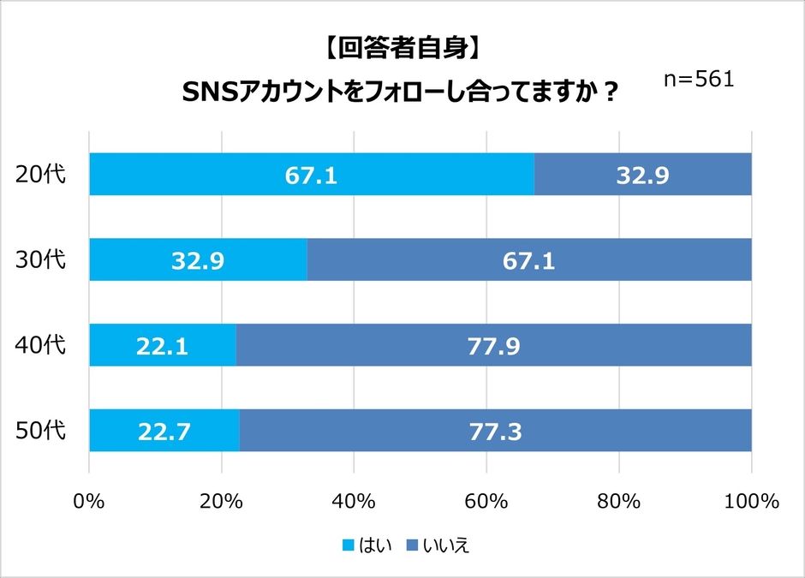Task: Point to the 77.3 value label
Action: pyautogui.click(x=495, y=430)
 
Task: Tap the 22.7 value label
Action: pyautogui.click(x=164, y=430)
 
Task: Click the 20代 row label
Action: pyautogui.click(x=41, y=175)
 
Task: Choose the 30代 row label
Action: pyautogui.click(x=41, y=259)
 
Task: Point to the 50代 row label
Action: pyautogui.click(x=41, y=430)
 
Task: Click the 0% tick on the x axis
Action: pyautogui.click(x=90, y=501)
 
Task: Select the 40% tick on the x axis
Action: pyautogui.click(x=354, y=501)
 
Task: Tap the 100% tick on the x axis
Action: pyautogui.click(x=751, y=501)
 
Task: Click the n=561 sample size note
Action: pyautogui.click(x=699, y=79)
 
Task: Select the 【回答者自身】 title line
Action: pyautogui.click(x=402, y=49)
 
